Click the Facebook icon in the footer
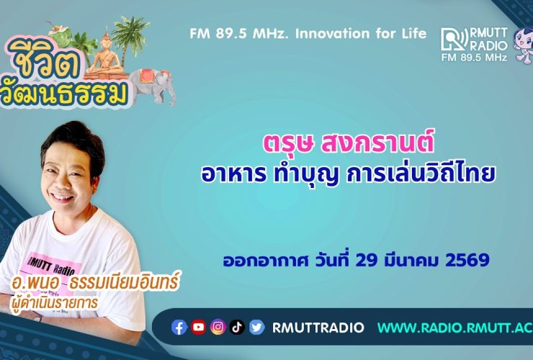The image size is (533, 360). click(179, 328)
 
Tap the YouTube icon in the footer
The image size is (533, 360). click(199, 328)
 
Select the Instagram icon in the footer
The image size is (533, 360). click(218, 328)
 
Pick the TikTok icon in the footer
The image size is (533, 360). click(238, 328)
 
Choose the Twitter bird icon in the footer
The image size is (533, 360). click(257, 328)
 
